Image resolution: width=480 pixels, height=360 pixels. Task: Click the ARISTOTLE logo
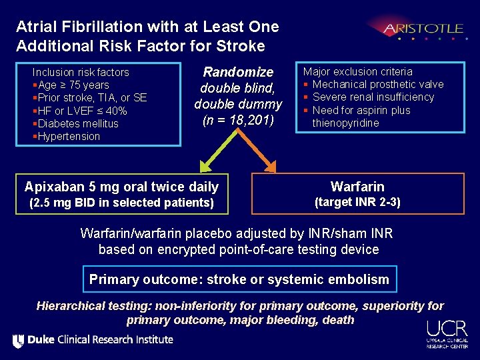(x=423, y=29)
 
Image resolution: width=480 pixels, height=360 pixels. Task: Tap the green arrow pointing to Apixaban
(x=212, y=153)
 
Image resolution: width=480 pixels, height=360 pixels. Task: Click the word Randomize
(x=238, y=72)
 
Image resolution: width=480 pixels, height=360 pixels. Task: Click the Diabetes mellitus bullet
(x=77, y=123)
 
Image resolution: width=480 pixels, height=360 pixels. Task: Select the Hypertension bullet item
(x=68, y=136)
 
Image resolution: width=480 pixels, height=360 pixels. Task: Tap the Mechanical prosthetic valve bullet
(x=377, y=84)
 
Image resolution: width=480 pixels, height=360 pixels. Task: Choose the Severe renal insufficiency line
(x=373, y=97)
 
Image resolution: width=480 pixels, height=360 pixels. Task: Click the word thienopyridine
(x=345, y=123)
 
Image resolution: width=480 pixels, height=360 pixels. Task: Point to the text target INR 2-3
(x=357, y=202)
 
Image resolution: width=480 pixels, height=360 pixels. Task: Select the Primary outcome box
(x=239, y=279)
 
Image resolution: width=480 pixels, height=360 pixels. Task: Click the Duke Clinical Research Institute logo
(x=93, y=340)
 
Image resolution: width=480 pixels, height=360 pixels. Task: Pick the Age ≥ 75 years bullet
(x=73, y=85)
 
